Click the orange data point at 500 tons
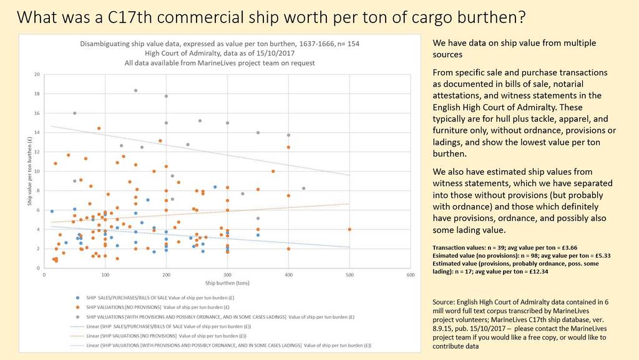349,229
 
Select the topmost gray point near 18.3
135,90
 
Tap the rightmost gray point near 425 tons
303,188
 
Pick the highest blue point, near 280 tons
215,187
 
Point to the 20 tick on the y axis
37,74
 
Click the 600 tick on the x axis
411,275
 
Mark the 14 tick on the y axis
37,132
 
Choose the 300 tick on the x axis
227,275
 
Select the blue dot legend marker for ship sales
77,297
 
